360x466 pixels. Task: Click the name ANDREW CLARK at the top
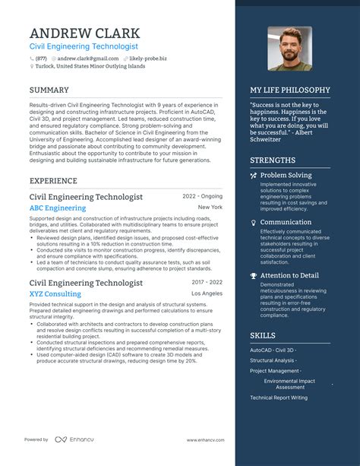84,33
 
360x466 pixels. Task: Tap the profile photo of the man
290,49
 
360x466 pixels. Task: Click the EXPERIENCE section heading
53,181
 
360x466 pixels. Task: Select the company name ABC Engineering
58,208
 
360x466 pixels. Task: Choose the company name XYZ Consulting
55,293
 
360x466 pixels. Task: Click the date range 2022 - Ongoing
201,196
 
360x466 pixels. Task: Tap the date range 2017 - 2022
207,282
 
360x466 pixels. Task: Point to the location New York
210,207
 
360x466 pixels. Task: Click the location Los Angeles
207,293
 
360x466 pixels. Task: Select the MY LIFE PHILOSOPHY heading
290,90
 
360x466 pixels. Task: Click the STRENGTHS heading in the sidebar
273,160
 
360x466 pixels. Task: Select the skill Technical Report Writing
279,398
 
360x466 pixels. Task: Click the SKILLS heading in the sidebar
263,335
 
